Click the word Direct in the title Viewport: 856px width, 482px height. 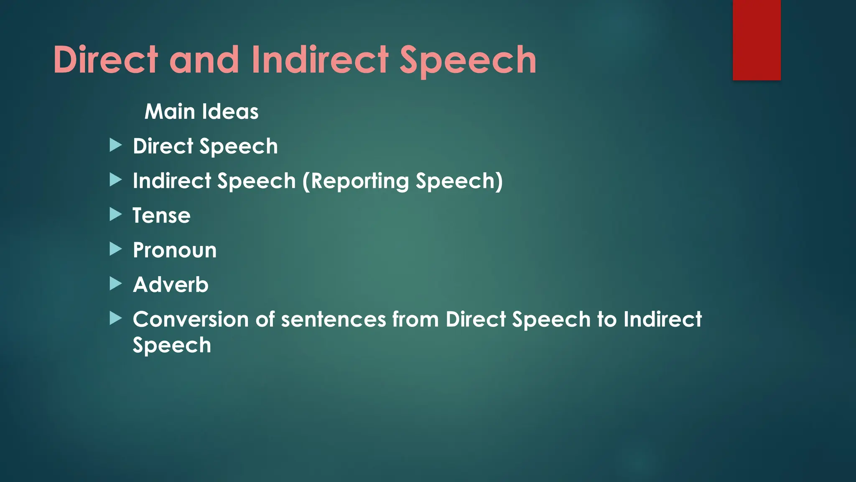pyautogui.click(x=105, y=60)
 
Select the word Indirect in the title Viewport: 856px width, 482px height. pyautogui.click(x=320, y=60)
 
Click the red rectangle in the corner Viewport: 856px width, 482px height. pyautogui.click(x=757, y=40)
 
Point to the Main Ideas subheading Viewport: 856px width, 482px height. pyautogui.click(x=201, y=112)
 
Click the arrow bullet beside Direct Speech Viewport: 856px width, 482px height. pyautogui.click(x=115, y=146)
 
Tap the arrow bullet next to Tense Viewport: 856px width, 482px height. pyautogui.click(x=115, y=215)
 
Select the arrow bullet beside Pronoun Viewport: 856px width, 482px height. pyautogui.click(x=115, y=249)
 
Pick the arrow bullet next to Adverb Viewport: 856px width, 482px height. pyautogui.click(x=115, y=284)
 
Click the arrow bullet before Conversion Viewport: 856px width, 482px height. pyautogui.click(x=115, y=318)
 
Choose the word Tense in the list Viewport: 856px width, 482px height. pyautogui.click(x=161, y=215)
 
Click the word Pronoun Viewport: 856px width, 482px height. pyautogui.click(x=175, y=250)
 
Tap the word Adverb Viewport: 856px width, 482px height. pyautogui.click(x=171, y=285)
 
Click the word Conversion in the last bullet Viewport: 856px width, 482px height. pyautogui.click(x=190, y=319)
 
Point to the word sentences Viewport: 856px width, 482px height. pyautogui.click(x=333, y=319)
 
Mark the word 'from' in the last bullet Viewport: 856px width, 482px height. pyautogui.click(x=415, y=319)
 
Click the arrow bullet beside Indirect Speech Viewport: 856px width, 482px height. pyautogui.click(x=115, y=180)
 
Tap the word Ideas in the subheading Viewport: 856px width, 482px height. pyautogui.click(x=230, y=112)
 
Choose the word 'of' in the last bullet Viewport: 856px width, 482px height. pyautogui.click(x=265, y=319)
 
